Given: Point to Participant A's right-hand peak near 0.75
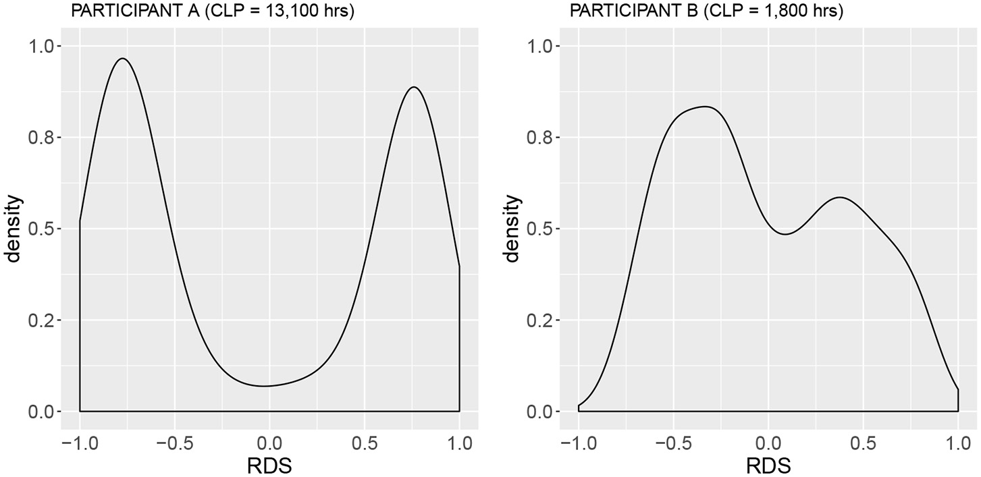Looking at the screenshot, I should [x=413, y=87].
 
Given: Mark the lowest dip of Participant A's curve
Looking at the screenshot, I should [x=264, y=386].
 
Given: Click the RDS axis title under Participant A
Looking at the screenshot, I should [x=269, y=465].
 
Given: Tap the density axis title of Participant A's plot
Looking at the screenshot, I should [x=14, y=228].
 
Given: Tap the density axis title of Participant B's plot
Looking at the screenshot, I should [x=513, y=228].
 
